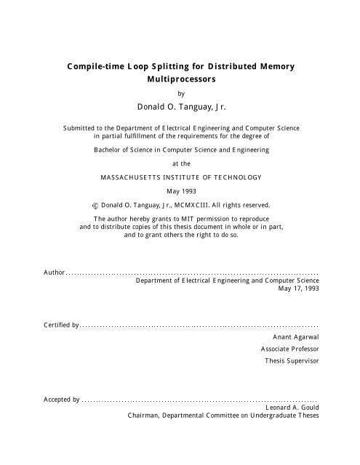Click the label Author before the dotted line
click(x=54, y=273)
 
